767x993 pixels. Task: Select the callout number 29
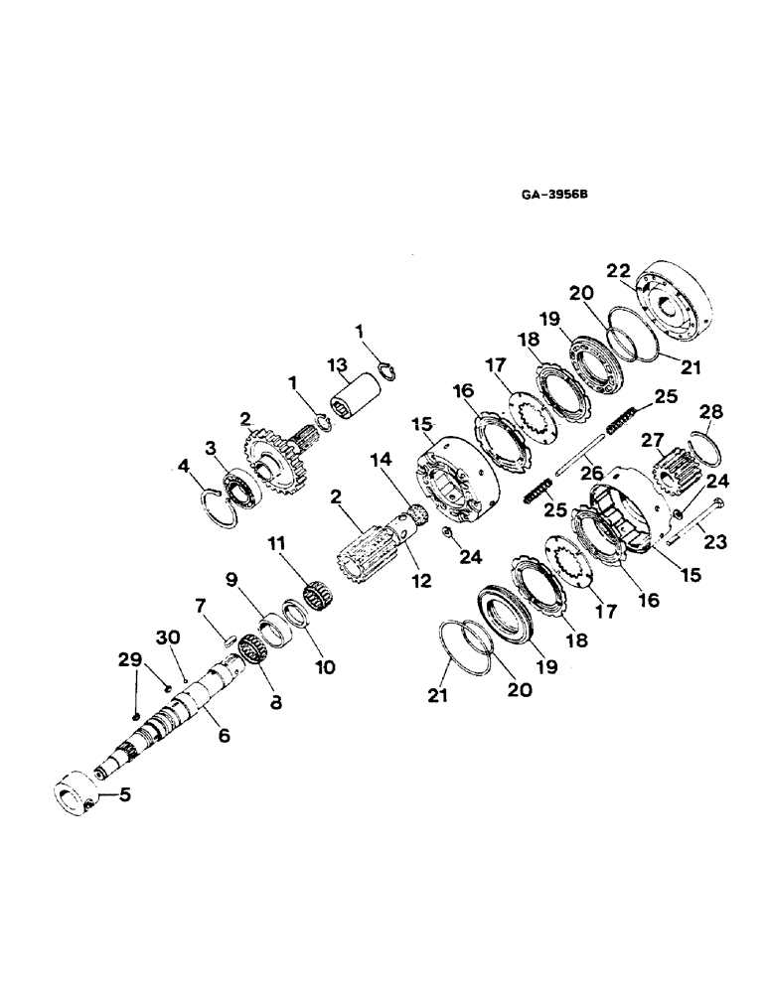point(129,659)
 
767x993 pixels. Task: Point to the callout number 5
point(123,794)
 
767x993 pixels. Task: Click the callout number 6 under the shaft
point(224,736)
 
